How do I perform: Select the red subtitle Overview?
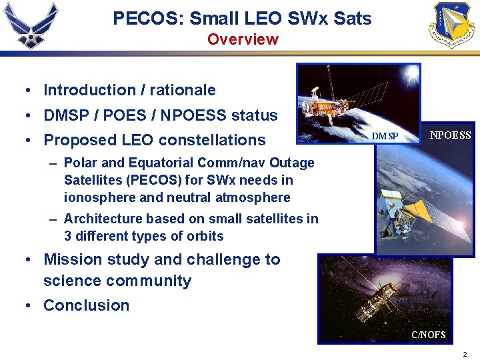(x=243, y=39)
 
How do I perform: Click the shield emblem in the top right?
(x=451, y=25)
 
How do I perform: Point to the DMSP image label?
(x=385, y=136)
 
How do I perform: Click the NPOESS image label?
(x=450, y=135)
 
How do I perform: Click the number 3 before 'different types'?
(x=67, y=236)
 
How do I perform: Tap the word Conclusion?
(x=86, y=305)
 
